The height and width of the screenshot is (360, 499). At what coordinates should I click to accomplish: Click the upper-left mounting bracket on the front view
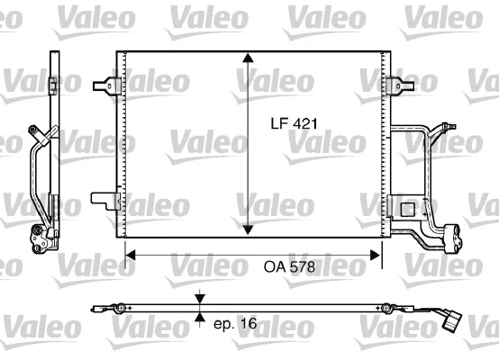112,87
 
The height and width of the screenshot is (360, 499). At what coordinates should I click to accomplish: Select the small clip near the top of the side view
54,85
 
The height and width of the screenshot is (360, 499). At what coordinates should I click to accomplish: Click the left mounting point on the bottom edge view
116,309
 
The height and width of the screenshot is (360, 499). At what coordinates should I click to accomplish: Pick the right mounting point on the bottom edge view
386,309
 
